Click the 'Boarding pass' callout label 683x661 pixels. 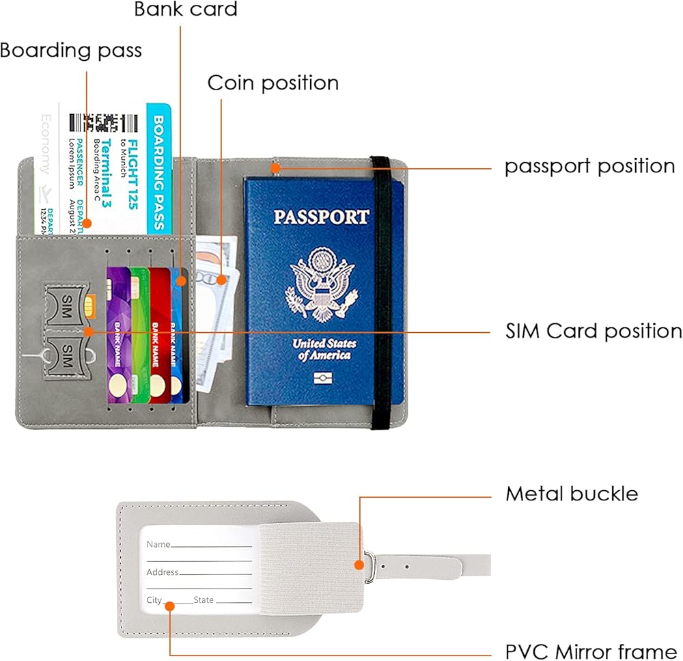[x=71, y=51]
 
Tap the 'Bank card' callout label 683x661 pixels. [x=186, y=10]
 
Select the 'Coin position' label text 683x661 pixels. [x=273, y=83]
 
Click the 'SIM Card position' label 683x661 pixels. [x=594, y=331]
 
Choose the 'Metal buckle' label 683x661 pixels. [x=572, y=494]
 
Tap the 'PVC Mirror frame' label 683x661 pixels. [x=591, y=650]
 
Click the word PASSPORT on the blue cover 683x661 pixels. [x=321, y=217]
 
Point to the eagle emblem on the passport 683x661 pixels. [x=322, y=284]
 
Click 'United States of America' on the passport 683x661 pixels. [x=322, y=349]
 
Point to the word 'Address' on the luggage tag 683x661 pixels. [x=163, y=572]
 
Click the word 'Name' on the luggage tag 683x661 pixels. [x=158, y=544]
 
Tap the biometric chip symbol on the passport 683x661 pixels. [x=321, y=378]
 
